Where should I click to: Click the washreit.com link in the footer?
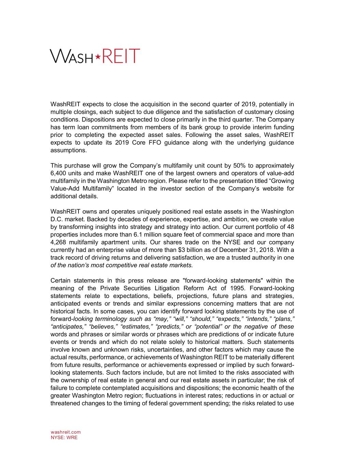click(x=66, y=432)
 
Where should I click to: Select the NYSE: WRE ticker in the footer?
click(x=64, y=438)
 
